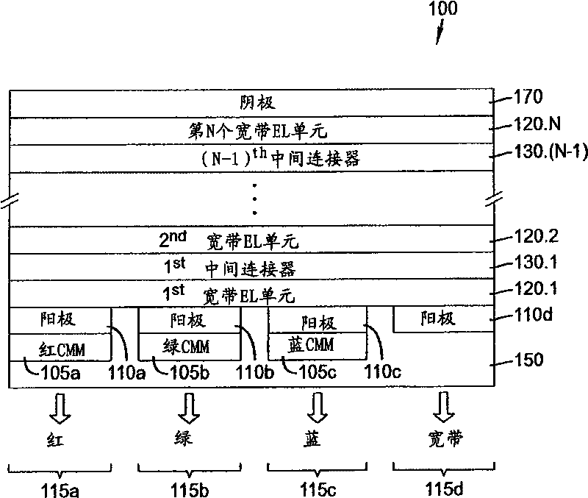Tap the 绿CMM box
(x=190, y=344)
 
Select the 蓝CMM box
(x=316, y=344)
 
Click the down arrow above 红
(x=61, y=408)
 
